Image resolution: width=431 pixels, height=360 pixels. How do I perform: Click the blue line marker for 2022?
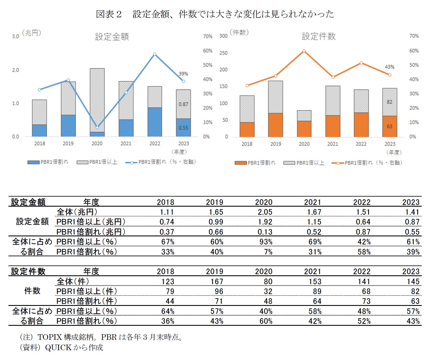(x=155, y=54)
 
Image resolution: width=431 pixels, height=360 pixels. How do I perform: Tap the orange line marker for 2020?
(x=304, y=51)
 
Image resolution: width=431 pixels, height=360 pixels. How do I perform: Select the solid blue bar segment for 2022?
(x=155, y=122)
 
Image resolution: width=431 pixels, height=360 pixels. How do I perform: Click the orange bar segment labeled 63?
(x=389, y=126)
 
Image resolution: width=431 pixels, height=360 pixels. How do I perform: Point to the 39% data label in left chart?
(x=183, y=74)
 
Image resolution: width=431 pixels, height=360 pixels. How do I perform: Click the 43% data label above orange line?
(x=389, y=67)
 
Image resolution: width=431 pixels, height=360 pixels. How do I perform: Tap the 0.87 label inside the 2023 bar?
(x=183, y=104)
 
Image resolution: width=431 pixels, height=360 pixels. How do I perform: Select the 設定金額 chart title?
(x=112, y=37)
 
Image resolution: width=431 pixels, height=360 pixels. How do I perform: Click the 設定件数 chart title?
(x=318, y=36)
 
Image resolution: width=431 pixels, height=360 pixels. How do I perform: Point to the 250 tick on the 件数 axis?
(x=223, y=53)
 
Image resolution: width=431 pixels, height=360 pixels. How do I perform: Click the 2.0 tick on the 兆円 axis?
(x=15, y=70)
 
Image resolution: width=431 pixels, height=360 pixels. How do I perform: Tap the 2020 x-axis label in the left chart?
(x=97, y=144)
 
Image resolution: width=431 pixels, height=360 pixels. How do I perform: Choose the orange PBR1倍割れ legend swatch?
(x=240, y=163)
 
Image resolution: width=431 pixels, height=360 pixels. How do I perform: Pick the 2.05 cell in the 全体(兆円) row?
(x=265, y=212)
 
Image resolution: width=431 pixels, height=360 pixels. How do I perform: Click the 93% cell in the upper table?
(x=266, y=242)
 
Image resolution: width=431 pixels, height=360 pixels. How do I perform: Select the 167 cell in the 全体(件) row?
(x=217, y=281)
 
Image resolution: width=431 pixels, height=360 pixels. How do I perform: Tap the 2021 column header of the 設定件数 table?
(x=313, y=271)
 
